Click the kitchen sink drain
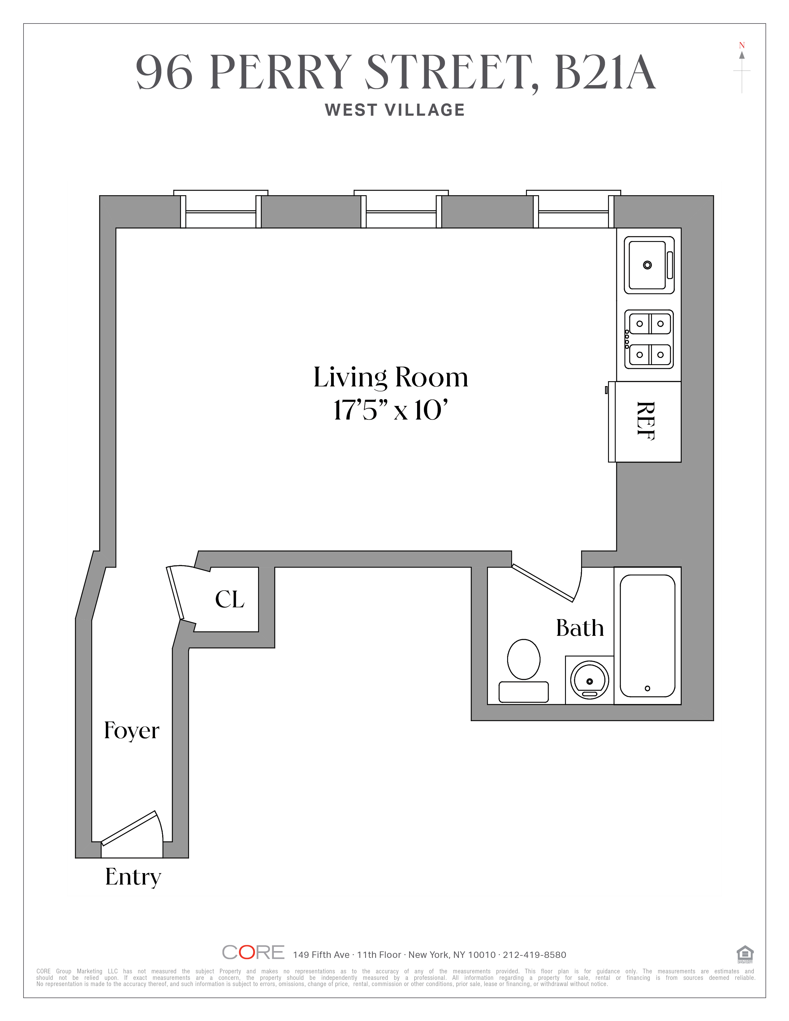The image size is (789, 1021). coord(647,265)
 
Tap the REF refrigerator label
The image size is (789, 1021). coord(645,421)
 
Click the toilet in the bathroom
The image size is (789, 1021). coord(524,670)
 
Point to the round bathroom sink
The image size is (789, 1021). coord(589,680)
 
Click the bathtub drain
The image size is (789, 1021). coord(647,688)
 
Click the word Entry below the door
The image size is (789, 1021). coord(133,877)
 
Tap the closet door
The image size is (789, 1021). coord(175,593)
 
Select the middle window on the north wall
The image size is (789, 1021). coord(401,211)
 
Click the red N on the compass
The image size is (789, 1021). coord(741,45)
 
